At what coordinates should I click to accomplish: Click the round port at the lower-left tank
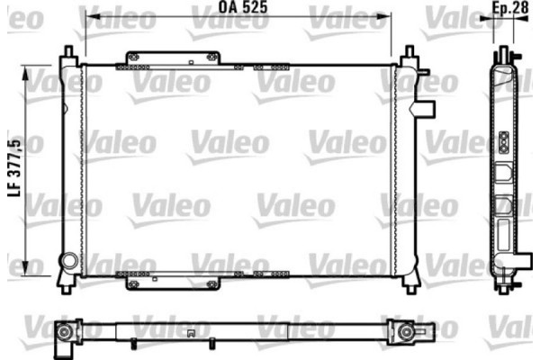point(67,262)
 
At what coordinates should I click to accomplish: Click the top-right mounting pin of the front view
point(408,52)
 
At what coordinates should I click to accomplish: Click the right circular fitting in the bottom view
point(408,333)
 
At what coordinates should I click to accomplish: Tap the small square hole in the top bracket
point(192,62)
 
